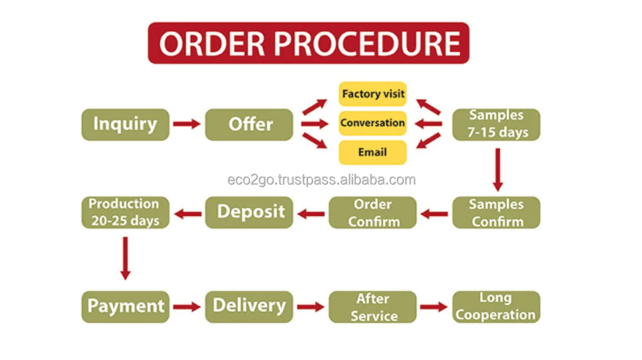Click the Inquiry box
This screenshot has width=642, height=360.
tap(125, 125)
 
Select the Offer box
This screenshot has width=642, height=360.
tap(249, 125)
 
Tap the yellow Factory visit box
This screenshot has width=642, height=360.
tap(372, 94)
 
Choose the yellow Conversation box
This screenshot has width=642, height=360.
tap(372, 123)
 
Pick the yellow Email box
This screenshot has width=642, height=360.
tap(372, 152)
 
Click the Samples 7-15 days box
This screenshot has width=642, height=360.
tap(496, 125)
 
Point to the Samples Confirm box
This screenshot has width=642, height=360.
tap(496, 212)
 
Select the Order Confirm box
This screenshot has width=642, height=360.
tap(372, 212)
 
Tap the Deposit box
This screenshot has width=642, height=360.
tap(249, 212)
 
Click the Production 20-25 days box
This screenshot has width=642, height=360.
tap(125, 212)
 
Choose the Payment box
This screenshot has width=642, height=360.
tap(125, 306)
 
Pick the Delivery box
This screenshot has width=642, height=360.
tap(249, 306)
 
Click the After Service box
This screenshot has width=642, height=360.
tap(372, 306)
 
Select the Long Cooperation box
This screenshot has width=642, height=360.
tap(496, 306)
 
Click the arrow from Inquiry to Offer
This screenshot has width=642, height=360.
tap(186, 124)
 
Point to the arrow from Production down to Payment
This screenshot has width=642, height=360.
tap(125, 258)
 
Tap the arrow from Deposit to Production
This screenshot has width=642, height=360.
tap(187, 214)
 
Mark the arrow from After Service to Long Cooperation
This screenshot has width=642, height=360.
tap(434, 307)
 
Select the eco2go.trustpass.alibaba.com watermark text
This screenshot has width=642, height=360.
tap(322, 180)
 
